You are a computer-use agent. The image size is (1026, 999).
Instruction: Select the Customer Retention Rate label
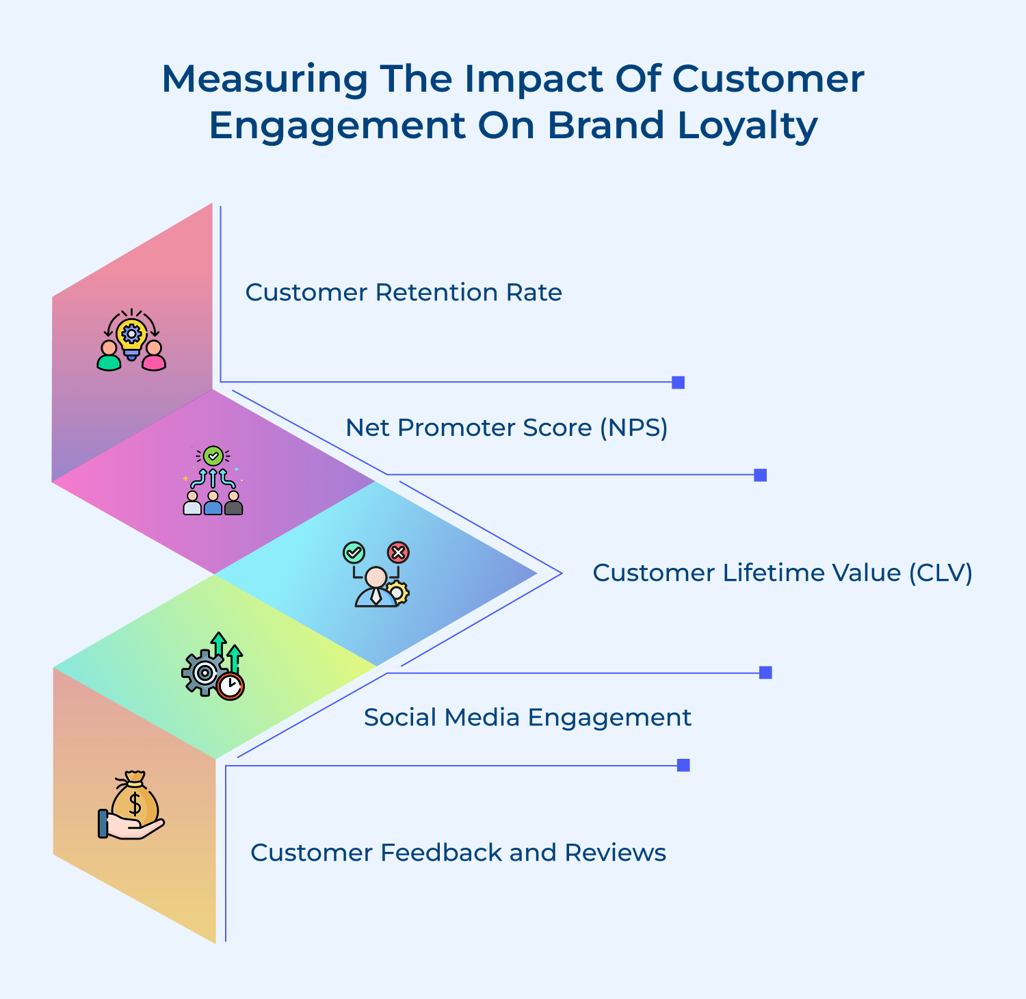coord(404,293)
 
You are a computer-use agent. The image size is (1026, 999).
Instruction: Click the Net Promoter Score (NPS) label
coord(506,428)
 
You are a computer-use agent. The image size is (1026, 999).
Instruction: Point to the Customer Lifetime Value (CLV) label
coord(782,573)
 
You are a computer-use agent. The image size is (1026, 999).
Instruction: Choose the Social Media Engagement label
coord(527,718)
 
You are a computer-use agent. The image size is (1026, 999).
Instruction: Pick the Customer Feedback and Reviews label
coord(458,853)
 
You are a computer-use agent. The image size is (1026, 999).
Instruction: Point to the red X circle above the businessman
coord(398,552)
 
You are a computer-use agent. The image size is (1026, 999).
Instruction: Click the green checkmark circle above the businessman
coord(354,552)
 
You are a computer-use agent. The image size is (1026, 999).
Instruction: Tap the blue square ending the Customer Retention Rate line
coord(678,382)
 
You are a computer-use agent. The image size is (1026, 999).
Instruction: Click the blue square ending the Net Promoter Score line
coord(760,475)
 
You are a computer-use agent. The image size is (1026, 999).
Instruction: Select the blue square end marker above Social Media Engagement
coord(765,673)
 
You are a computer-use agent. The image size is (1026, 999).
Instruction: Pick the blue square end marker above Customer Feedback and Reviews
coord(683,765)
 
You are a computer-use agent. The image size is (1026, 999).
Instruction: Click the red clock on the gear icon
coord(231,686)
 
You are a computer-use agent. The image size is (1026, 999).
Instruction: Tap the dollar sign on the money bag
coord(135,803)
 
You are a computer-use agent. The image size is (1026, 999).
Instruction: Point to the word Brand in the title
coord(605,126)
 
